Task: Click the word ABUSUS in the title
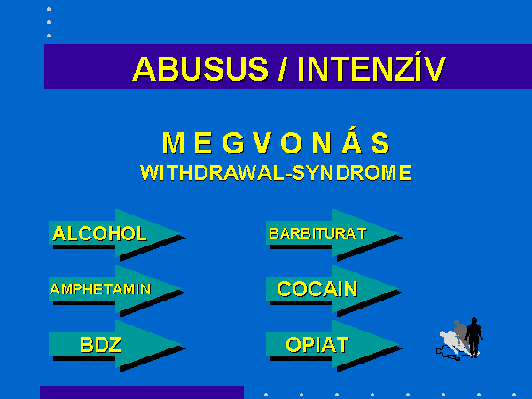[200, 68]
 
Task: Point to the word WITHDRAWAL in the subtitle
[213, 173]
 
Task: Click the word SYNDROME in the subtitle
[352, 173]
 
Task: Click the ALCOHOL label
[99, 233]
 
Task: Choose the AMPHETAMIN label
[100, 289]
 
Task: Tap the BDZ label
[101, 345]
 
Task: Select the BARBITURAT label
[318, 233]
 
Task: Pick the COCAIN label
[317, 289]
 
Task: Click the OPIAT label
[317, 345]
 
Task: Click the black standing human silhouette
[474, 337]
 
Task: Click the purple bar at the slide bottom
[142, 392]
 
